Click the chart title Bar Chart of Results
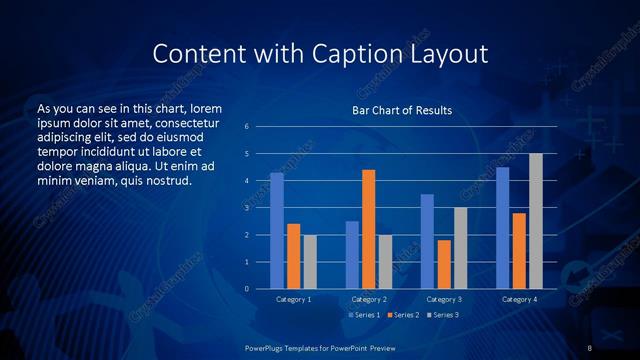coord(401,110)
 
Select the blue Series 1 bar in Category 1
coord(277,231)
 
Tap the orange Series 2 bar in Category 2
coord(368,229)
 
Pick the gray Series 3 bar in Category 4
coord(535,221)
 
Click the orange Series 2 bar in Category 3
coord(444,264)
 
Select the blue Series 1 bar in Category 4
coord(502,228)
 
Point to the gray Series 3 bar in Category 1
coord(309,261)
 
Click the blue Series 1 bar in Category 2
coord(352,255)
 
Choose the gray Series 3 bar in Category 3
coord(460,248)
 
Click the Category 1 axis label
coord(293,299)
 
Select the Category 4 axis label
coord(518,299)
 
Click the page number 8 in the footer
coord(590,347)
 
